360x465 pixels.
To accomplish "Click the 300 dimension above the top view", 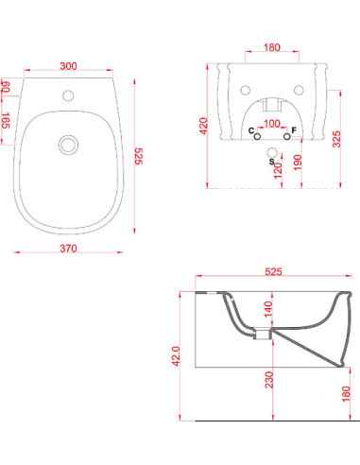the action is click(68, 66).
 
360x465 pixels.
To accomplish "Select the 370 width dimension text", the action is click(68, 249).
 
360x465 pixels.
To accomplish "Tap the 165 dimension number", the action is click(6, 120).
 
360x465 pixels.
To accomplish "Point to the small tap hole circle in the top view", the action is click(68, 95).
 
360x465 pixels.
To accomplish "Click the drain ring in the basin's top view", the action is click(68, 145).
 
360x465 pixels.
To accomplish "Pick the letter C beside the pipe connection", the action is click(251, 130).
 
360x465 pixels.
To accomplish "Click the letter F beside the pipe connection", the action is click(294, 130).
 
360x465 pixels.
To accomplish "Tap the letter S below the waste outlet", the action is click(271, 162).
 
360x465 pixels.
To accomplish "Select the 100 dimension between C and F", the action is click(272, 124).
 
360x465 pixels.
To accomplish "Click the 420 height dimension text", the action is click(204, 126).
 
